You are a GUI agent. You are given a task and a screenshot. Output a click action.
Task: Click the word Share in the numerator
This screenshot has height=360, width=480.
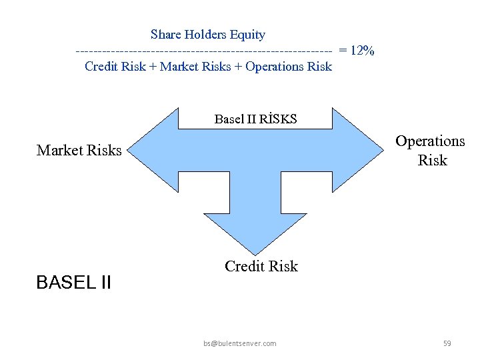click(x=165, y=35)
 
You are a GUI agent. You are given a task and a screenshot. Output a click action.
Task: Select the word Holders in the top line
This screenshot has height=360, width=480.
click(x=203, y=35)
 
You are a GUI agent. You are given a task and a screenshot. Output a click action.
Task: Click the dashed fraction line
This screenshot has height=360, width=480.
click(x=203, y=51)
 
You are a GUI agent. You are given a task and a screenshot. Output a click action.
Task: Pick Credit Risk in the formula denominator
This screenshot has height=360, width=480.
click(x=115, y=67)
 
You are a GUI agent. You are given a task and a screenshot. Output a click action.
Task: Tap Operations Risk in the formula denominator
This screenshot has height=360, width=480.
click(x=289, y=67)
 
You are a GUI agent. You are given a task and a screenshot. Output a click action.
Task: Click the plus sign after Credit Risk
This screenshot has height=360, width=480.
click(x=153, y=67)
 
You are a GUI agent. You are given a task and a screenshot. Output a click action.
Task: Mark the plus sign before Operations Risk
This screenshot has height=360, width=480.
click(x=239, y=67)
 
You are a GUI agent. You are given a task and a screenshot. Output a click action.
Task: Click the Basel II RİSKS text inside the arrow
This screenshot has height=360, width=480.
click(x=255, y=119)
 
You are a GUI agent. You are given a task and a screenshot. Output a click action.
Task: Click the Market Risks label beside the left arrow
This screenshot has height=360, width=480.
click(x=79, y=150)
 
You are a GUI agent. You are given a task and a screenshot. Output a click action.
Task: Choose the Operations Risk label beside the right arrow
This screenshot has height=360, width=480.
click(x=431, y=151)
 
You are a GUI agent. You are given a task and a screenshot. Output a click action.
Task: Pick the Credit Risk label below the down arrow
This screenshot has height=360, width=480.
click(x=261, y=267)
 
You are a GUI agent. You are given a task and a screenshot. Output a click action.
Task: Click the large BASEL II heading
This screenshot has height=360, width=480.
click(x=73, y=283)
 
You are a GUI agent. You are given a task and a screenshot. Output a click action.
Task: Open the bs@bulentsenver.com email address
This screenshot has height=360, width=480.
click(x=240, y=343)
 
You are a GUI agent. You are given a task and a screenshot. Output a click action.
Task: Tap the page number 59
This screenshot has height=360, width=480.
click(x=447, y=343)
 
